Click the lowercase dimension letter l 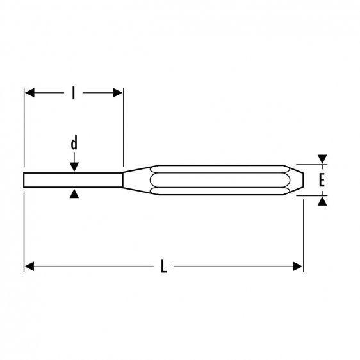[x=74, y=94]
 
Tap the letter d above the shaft [x=74, y=143]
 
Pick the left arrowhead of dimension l [x=29, y=94]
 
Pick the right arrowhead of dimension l [x=119, y=94]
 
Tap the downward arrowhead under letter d [x=74, y=167]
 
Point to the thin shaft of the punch [x=70, y=180]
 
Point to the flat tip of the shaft [x=24, y=180]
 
